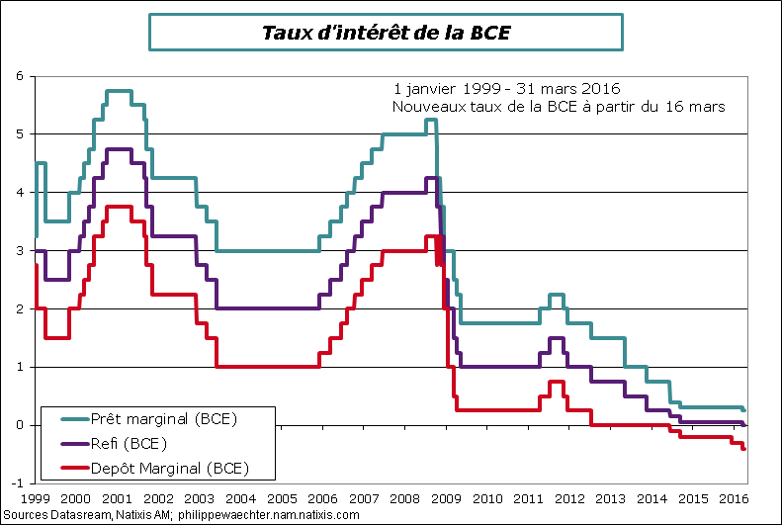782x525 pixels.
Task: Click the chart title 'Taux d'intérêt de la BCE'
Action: (386, 33)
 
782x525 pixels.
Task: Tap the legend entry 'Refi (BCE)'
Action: (129, 443)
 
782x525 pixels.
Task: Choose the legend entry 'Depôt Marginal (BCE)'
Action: (169, 467)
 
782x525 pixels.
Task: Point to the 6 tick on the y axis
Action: (20, 75)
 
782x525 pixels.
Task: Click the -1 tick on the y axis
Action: (18, 483)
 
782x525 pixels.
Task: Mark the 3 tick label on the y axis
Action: (20, 250)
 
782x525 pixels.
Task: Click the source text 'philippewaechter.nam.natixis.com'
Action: (269, 516)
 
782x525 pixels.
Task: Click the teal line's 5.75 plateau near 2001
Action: (118, 91)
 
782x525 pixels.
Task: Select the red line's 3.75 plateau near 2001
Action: (118, 207)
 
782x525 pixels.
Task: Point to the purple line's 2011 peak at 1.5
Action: (556, 338)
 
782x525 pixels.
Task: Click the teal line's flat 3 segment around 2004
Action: (267, 250)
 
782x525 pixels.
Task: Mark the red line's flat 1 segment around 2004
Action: (267, 367)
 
